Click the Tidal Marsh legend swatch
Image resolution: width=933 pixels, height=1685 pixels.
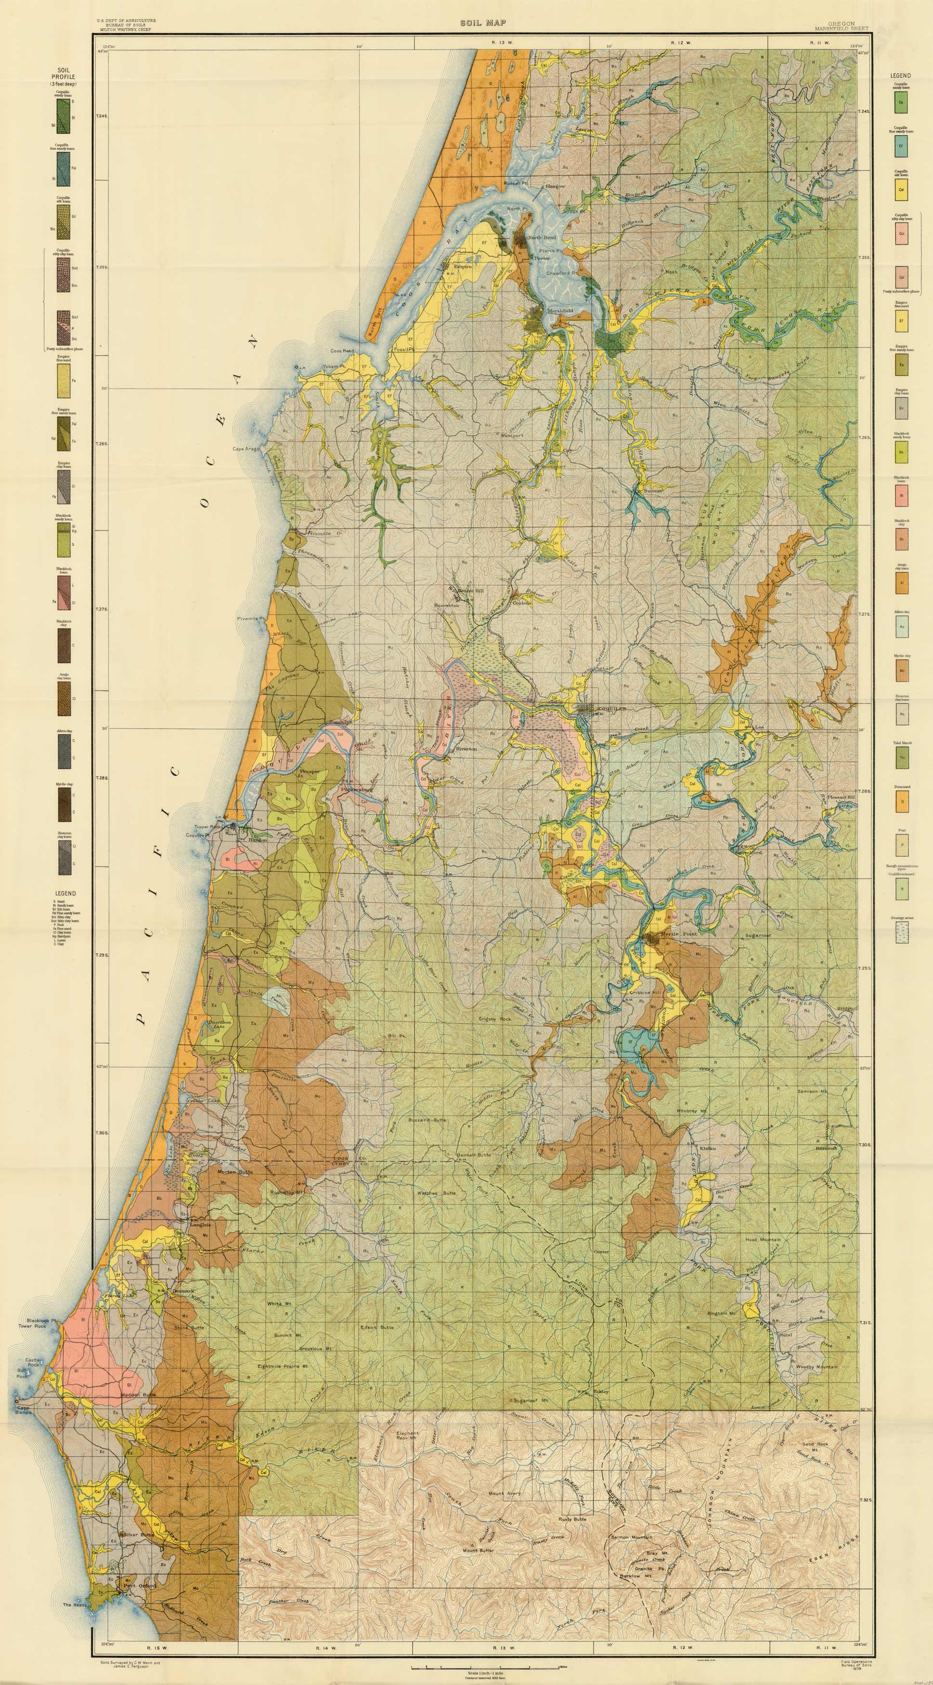[902, 757]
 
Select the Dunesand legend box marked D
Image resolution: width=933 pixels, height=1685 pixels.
[902, 801]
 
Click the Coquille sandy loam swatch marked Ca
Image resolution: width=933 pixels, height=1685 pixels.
[902, 102]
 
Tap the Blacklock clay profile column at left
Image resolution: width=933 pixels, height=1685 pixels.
[64, 644]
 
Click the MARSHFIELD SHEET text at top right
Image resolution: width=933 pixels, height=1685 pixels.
[835, 29]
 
